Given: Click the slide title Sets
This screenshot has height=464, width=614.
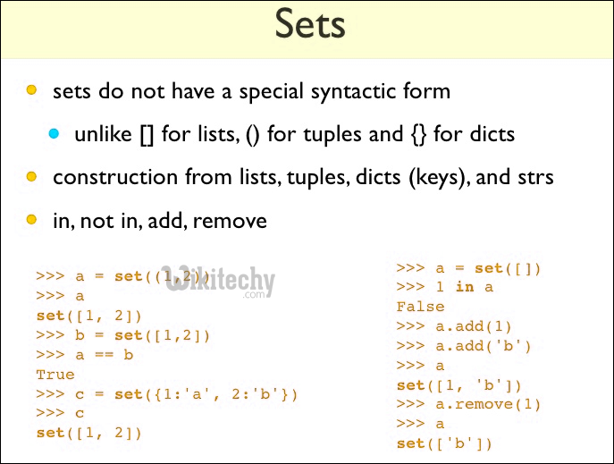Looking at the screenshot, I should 309,25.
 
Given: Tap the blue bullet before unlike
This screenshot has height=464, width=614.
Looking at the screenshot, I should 54,134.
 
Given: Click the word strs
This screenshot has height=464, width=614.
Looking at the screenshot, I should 533,177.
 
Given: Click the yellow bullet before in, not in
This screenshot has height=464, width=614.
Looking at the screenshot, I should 31,219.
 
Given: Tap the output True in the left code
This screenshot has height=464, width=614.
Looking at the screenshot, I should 55,375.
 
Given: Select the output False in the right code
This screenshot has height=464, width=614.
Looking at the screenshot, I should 421,307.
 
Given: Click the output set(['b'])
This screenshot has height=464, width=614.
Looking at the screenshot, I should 444,443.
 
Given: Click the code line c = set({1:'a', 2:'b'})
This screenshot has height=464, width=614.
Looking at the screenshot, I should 166,394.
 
